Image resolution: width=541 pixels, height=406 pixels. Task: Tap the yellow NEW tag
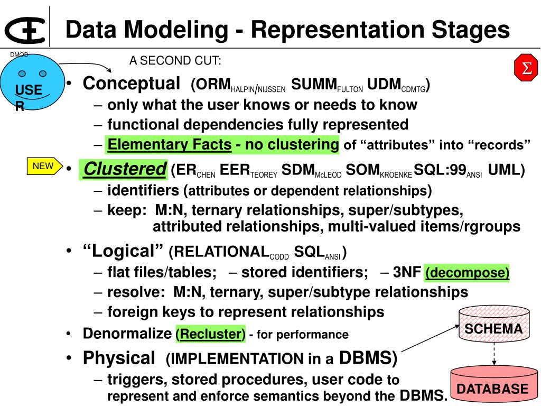pos(43,166)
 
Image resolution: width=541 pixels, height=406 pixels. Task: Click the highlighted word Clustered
pos(125,169)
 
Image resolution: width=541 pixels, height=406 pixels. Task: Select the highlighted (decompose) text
pos(467,273)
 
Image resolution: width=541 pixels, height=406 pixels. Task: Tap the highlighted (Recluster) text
pos(210,334)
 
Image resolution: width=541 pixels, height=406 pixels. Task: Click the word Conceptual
pos(132,84)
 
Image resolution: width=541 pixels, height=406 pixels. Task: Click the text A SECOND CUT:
pos(175,61)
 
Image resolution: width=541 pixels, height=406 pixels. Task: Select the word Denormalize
pos(127,334)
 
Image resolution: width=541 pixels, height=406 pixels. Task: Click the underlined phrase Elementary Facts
pos(169,144)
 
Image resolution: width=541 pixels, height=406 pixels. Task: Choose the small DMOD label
pos(19,54)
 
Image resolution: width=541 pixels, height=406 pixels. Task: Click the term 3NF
pos(407,273)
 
